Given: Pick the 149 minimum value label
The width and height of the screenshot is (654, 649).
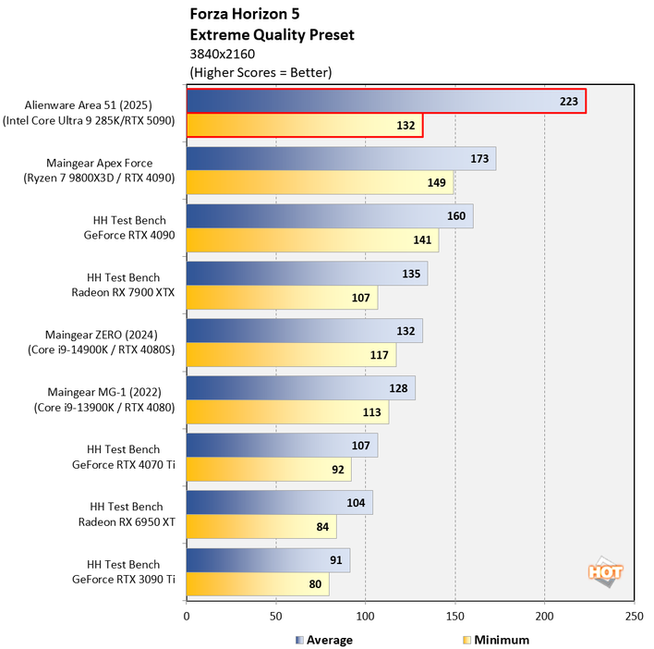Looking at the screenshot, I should pyautogui.click(x=437, y=183).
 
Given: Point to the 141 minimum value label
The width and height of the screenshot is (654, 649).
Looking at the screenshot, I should pyautogui.click(x=423, y=240).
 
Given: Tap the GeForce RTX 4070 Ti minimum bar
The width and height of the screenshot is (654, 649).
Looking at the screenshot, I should pyautogui.click(x=269, y=470).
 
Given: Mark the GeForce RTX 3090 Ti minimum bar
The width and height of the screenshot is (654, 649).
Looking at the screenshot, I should pyautogui.click(x=258, y=584).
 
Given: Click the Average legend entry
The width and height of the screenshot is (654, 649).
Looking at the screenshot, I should pyautogui.click(x=323, y=639).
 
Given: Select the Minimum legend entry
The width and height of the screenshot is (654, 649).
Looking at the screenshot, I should pyautogui.click(x=496, y=639).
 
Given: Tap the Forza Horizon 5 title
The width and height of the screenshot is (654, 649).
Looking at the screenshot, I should pyautogui.click(x=244, y=15).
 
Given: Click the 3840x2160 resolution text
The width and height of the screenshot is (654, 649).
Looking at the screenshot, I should pyautogui.click(x=222, y=54).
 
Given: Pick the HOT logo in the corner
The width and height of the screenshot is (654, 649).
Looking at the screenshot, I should pyautogui.click(x=605, y=571).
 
